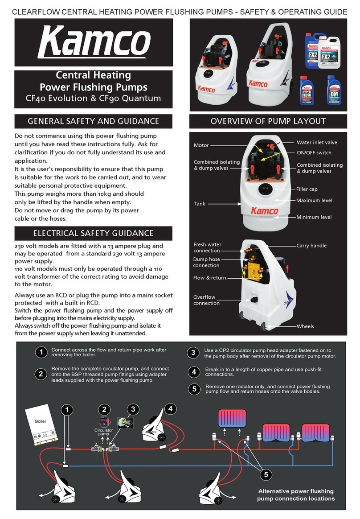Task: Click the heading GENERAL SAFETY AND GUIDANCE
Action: tap(93, 121)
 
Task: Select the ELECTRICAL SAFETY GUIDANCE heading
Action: tap(93, 233)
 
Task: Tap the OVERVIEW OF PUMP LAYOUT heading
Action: tap(268, 121)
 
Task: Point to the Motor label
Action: tap(201, 145)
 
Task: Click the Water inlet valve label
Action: tap(317, 143)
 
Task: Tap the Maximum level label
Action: tap(314, 200)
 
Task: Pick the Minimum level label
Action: tap(314, 217)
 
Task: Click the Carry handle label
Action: tap(311, 246)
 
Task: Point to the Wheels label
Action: tap(305, 326)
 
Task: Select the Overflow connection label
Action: tap(206, 300)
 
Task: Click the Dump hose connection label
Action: tap(206, 262)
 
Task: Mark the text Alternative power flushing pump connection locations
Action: tap(296, 495)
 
